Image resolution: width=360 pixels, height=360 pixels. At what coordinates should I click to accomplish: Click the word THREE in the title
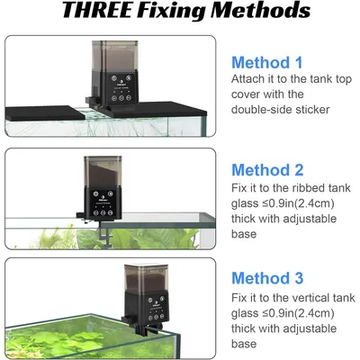[x=96, y=10]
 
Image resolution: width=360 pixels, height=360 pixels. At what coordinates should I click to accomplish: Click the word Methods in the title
[x=260, y=10]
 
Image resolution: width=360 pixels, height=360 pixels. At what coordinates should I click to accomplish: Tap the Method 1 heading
[x=267, y=63]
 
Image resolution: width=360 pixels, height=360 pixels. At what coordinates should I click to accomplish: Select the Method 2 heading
[x=267, y=170]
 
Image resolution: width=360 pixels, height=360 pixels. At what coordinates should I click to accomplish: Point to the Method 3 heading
[x=267, y=278]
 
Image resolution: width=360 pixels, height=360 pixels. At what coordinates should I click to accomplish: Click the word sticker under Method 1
[x=312, y=110]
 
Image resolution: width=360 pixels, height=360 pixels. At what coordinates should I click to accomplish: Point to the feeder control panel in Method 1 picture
[x=121, y=87]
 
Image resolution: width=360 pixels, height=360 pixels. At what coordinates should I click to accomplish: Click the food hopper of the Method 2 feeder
[x=103, y=172]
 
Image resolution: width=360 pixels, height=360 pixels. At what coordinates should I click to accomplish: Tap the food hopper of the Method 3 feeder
[x=146, y=279]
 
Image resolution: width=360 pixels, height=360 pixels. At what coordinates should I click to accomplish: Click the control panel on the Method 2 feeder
[x=103, y=203]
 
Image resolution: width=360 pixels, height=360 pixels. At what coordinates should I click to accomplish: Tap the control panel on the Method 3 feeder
[x=156, y=308]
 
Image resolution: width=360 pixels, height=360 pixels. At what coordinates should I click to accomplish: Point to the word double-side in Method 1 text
[x=262, y=110]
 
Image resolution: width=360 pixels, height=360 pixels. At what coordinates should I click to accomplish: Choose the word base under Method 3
[x=244, y=344]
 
